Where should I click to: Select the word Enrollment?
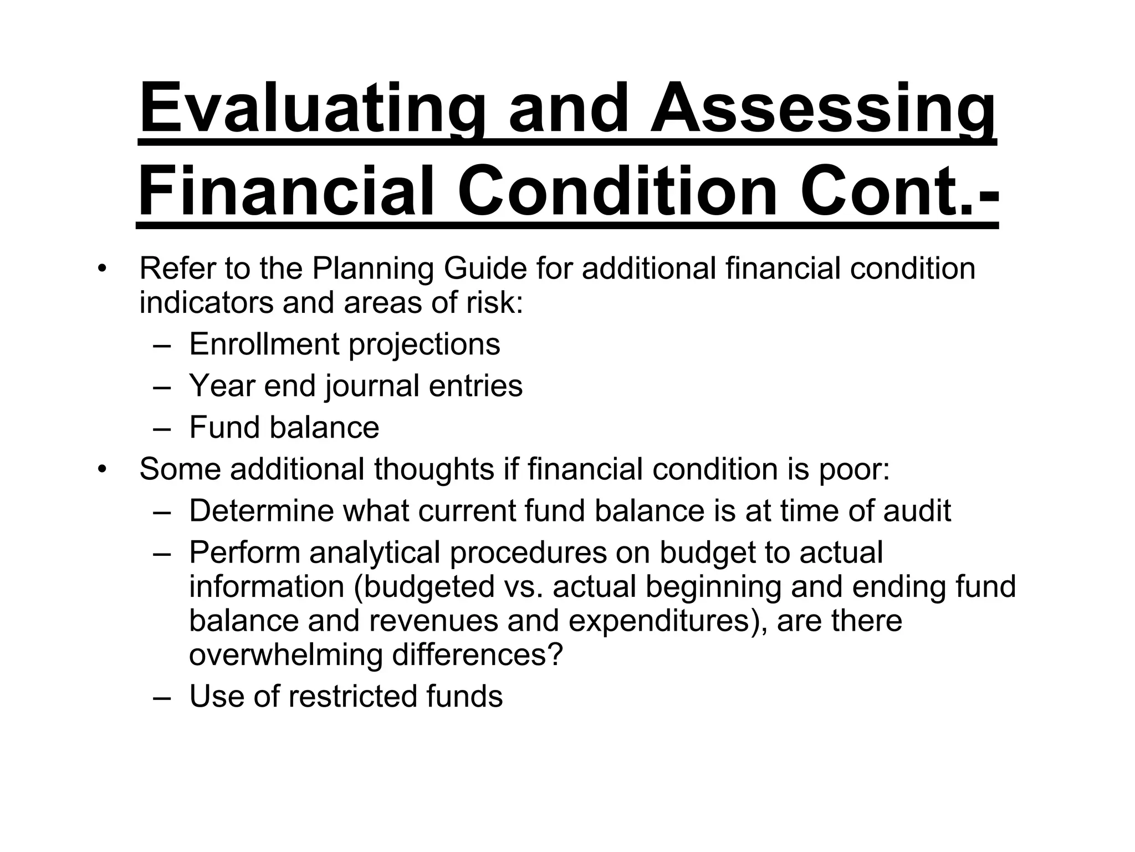point(264,344)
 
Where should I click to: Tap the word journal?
point(372,386)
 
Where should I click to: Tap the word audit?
point(917,511)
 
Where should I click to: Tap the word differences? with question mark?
point(477,655)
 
